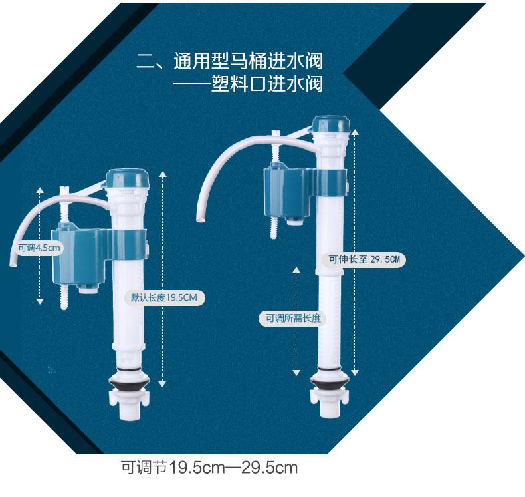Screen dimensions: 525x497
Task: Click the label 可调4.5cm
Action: [x=39, y=248]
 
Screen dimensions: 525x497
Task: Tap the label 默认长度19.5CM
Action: [x=164, y=297]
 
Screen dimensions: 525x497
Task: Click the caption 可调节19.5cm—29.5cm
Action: [x=209, y=467]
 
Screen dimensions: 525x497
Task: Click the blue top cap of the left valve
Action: [x=133, y=178]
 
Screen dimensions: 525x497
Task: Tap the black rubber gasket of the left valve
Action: [x=130, y=386]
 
